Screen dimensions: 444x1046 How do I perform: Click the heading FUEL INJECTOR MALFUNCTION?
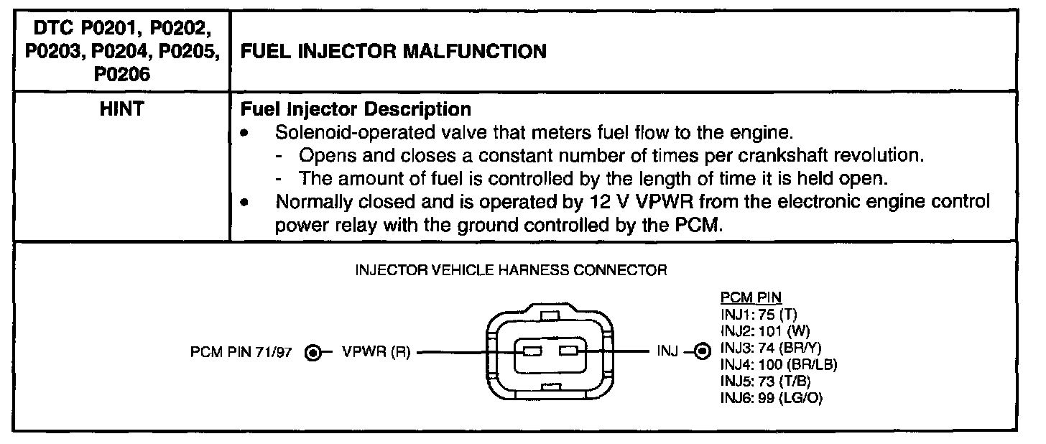pos(392,52)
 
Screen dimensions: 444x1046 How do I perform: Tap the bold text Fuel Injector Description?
pos(356,110)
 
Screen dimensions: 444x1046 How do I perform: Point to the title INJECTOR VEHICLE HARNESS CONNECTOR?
pos(512,271)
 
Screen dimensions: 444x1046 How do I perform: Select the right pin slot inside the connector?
pos(568,352)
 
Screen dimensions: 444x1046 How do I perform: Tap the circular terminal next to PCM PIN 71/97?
pos(313,353)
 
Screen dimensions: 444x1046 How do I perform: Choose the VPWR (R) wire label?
pos(375,353)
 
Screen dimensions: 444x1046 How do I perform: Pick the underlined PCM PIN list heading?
pos(750,297)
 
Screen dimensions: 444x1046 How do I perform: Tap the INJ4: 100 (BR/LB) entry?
pos(778,364)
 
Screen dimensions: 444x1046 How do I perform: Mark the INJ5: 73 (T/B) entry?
pos(765,381)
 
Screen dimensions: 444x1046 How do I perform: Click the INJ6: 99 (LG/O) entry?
pos(771,398)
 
